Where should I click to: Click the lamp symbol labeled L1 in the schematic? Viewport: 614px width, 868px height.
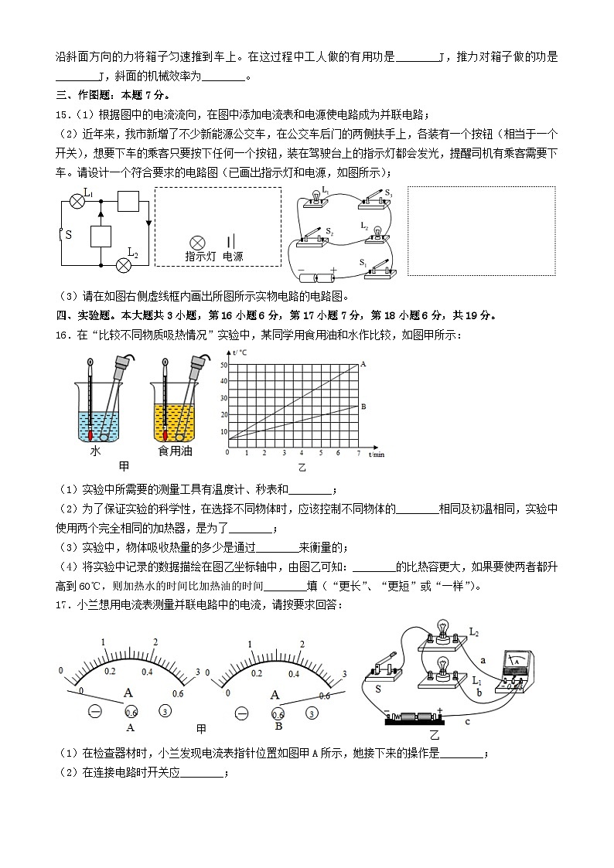77,201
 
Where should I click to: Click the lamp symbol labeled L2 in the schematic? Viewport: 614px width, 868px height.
122,265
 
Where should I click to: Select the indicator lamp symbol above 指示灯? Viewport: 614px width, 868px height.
197,242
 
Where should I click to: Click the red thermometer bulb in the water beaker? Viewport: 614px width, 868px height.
92,435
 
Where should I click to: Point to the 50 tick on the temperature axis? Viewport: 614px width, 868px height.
223,365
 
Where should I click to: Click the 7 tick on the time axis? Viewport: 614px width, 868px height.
358,453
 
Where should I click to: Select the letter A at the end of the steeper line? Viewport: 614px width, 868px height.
363,363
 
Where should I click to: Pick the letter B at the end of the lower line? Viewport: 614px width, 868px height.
363,407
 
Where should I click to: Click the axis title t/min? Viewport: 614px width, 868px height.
376,454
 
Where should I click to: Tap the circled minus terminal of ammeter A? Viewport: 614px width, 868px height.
95,711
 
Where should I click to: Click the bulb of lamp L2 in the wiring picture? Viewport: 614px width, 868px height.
443,626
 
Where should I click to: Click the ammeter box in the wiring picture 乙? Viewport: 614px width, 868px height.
514,669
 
